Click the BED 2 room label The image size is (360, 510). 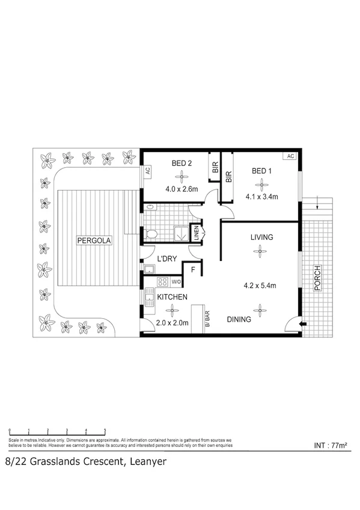pyautogui.click(x=181, y=162)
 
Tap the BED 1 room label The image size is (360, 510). pyautogui.click(x=261, y=171)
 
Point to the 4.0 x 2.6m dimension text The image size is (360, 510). pyautogui.click(x=181, y=188)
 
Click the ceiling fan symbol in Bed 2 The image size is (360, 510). pyautogui.click(x=181, y=176)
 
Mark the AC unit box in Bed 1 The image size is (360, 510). pyautogui.click(x=290, y=156)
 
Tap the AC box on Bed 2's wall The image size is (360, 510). pyautogui.click(x=147, y=171)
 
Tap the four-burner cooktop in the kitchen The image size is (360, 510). pyautogui.click(x=162, y=281)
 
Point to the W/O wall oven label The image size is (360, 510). pyautogui.click(x=176, y=281)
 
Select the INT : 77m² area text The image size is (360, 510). pyautogui.click(x=331, y=446)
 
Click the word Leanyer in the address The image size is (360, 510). pyautogui.click(x=144, y=462)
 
